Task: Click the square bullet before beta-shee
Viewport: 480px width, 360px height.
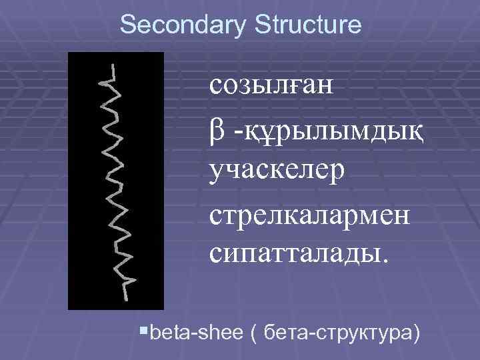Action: pos(146,329)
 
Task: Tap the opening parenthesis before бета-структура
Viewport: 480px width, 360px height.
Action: pos(254,331)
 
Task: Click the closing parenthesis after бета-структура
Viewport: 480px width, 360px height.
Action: pos(416,331)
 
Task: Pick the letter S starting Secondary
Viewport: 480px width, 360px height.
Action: pos(127,25)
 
